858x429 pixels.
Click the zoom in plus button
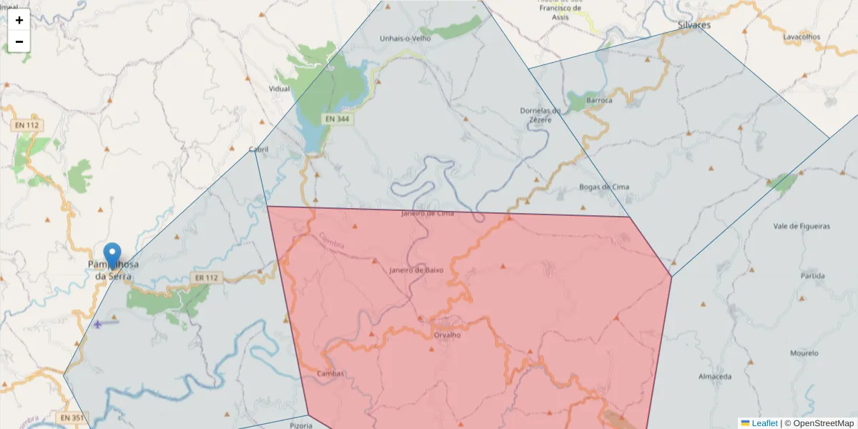tap(19, 20)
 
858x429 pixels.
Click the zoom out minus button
tap(19, 41)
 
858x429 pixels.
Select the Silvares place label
tap(694, 25)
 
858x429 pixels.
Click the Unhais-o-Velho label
tap(405, 39)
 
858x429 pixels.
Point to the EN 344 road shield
tap(337, 119)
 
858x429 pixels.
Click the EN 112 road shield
tap(27, 125)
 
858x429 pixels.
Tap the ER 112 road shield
tap(205, 277)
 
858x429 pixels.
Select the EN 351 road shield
tap(71, 418)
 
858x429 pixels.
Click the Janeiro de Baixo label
tap(416, 270)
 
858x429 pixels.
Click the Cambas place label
tap(330, 373)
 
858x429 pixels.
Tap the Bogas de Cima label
tap(604, 187)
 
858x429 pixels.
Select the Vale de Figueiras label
tap(802, 226)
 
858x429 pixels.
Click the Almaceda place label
tap(715, 376)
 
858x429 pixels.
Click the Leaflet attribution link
tap(764, 423)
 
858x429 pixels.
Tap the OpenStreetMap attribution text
tap(823, 423)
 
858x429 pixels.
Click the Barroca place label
tap(599, 100)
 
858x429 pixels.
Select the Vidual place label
tap(279, 89)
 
